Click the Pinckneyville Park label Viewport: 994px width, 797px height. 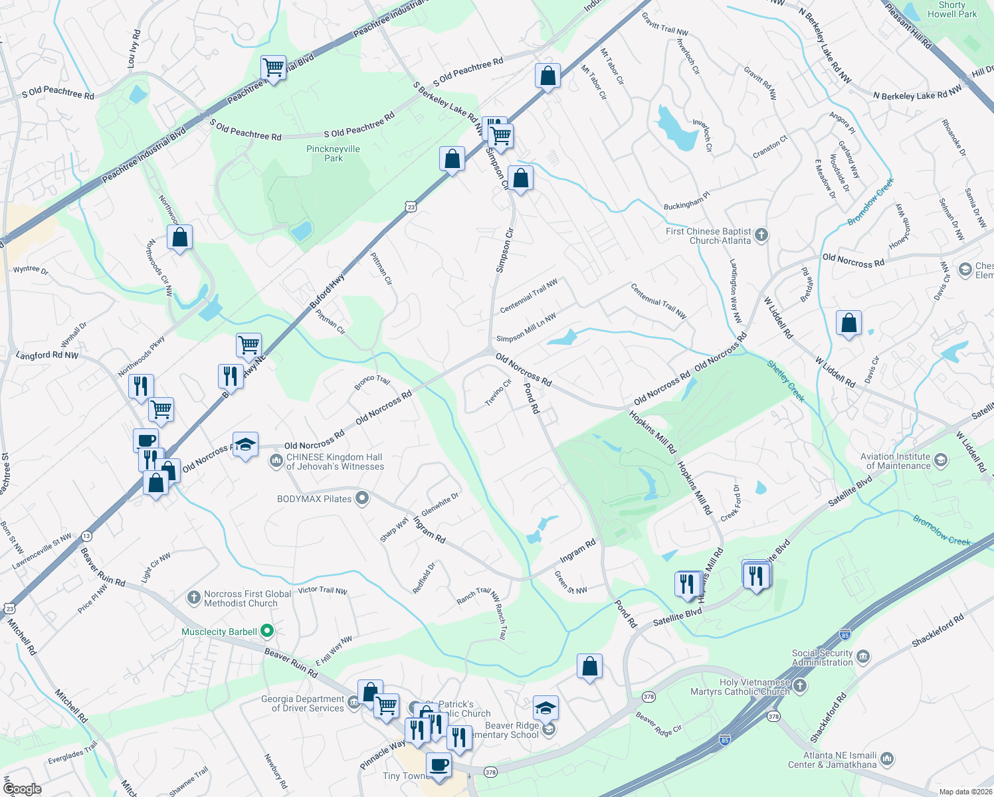pyautogui.click(x=333, y=153)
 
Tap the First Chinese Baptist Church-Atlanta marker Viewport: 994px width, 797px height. pyautogui.click(x=761, y=234)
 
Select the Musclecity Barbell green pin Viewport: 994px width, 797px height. pyautogui.click(x=267, y=630)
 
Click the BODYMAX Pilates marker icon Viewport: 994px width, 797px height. pyautogui.click(x=361, y=498)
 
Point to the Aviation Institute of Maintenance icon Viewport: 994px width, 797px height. pyautogui.click(x=940, y=460)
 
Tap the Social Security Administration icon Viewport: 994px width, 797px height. pyautogui.click(x=862, y=657)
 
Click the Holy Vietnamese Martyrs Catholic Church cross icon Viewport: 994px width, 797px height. pyautogui.click(x=800, y=686)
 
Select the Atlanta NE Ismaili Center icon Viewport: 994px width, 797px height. pyautogui.click(x=887, y=759)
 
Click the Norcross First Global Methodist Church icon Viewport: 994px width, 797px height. pyautogui.click(x=193, y=598)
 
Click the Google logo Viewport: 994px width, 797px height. pyautogui.click(x=22, y=789)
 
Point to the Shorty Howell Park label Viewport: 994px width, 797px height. pyautogui.click(x=952, y=9)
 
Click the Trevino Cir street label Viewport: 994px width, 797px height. pyautogui.click(x=498, y=393)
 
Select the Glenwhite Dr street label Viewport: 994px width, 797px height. pyautogui.click(x=440, y=505)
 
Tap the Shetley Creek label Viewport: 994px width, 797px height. pyautogui.click(x=785, y=381)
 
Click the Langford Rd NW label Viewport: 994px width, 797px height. pyautogui.click(x=47, y=355)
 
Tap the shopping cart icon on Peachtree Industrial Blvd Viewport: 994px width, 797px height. pyautogui.click(x=273, y=67)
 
